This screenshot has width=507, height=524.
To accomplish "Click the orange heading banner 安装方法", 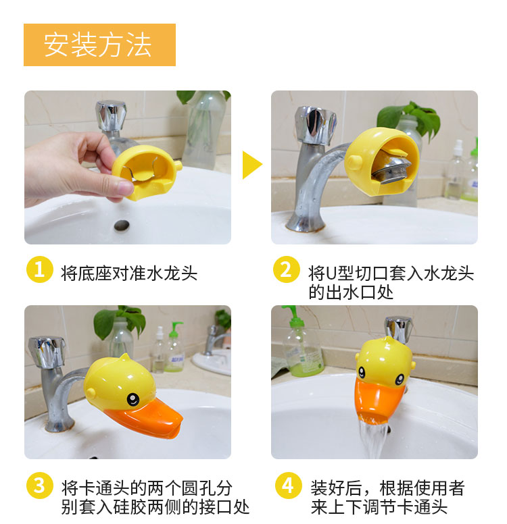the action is pyautogui.click(x=99, y=45).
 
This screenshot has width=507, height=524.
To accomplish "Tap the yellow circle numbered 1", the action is pyautogui.click(x=39, y=269).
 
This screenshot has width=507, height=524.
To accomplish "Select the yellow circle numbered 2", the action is pyautogui.click(x=286, y=269).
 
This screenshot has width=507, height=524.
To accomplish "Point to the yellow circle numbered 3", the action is pyautogui.click(x=39, y=486).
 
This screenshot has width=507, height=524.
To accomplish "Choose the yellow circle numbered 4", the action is pyautogui.click(x=288, y=486).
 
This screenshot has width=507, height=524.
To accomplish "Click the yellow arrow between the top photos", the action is pyautogui.click(x=252, y=165).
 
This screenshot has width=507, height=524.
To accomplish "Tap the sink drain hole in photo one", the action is pyautogui.click(x=122, y=226).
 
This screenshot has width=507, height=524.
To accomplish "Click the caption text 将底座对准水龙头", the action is pyautogui.click(x=129, y=273).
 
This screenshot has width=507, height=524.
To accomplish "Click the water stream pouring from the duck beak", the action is pyautogui.click(x=373, y=440).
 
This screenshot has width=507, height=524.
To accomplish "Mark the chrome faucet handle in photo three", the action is pyautogui.click(x=47, y=352).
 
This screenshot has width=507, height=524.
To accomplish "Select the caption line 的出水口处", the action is pyautogui.click(x=351, y=293).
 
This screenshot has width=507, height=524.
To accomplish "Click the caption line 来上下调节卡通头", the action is pyautogui.click(x=379, y=507).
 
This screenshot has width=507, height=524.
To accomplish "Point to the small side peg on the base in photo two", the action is pyautogui.click(x=354, y=163).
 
